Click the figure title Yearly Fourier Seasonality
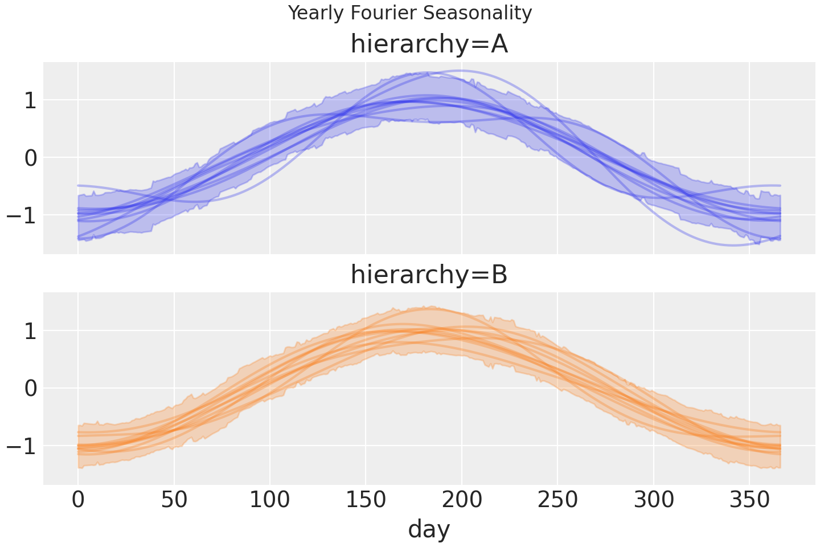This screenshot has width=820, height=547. (409, 13)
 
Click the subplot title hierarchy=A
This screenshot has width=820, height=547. (429, 44)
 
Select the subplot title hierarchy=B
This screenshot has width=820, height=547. (429, 275)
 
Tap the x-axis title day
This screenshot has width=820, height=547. (429, 529)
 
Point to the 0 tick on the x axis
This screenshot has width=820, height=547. (78, 501)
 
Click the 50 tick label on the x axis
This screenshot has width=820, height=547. (174, 501)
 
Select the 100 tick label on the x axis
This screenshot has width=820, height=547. (270, 501)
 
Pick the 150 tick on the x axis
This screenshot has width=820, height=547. (366, 501)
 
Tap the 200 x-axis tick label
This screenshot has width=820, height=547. (462, 501)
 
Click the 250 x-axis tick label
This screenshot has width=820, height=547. (557, 501)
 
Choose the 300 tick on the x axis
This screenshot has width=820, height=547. (654, 501)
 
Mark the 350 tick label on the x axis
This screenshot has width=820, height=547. (749, 501)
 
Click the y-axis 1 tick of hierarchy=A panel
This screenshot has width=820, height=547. (31, 100)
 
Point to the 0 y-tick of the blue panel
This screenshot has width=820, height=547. (31, 157)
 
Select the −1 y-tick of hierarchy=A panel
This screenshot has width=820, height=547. (23, 215)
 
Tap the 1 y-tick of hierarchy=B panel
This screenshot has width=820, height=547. (31, 331)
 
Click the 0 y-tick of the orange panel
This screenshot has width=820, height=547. (31, 388)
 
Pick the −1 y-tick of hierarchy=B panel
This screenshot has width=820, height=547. (23, 446)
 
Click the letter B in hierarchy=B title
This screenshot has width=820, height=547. (499, 275)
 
